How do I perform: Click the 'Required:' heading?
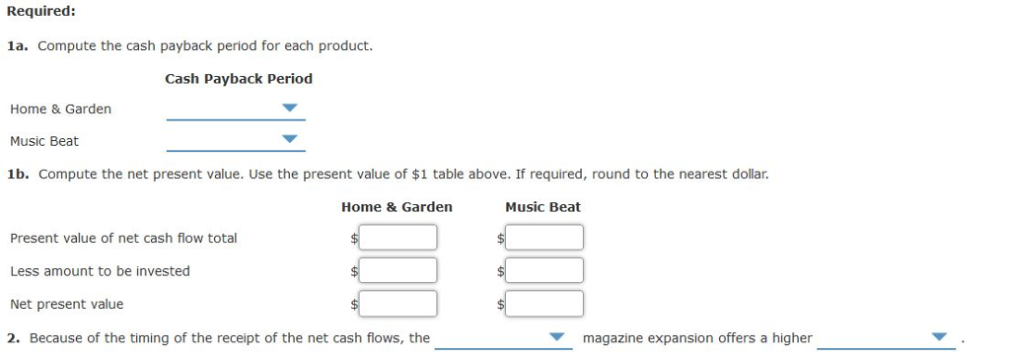41,12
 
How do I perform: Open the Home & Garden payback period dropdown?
236,108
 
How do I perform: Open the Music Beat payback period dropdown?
236,140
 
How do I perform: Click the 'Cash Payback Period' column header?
239,78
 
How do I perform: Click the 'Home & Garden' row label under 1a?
60,108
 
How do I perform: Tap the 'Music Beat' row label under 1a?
44,141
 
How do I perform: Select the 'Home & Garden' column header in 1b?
397,207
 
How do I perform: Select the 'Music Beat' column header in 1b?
542,207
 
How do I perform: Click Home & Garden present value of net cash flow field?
397,238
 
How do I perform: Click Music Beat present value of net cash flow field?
544,238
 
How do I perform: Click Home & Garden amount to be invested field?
397,270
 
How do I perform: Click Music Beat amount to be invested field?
544,270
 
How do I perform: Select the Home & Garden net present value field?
397,304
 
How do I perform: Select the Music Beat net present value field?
544,304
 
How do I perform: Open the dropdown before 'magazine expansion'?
503,337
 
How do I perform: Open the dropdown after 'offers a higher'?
886,337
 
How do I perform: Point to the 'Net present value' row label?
67,304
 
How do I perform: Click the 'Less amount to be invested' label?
100,270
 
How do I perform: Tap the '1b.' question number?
18,174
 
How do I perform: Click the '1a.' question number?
18,46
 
